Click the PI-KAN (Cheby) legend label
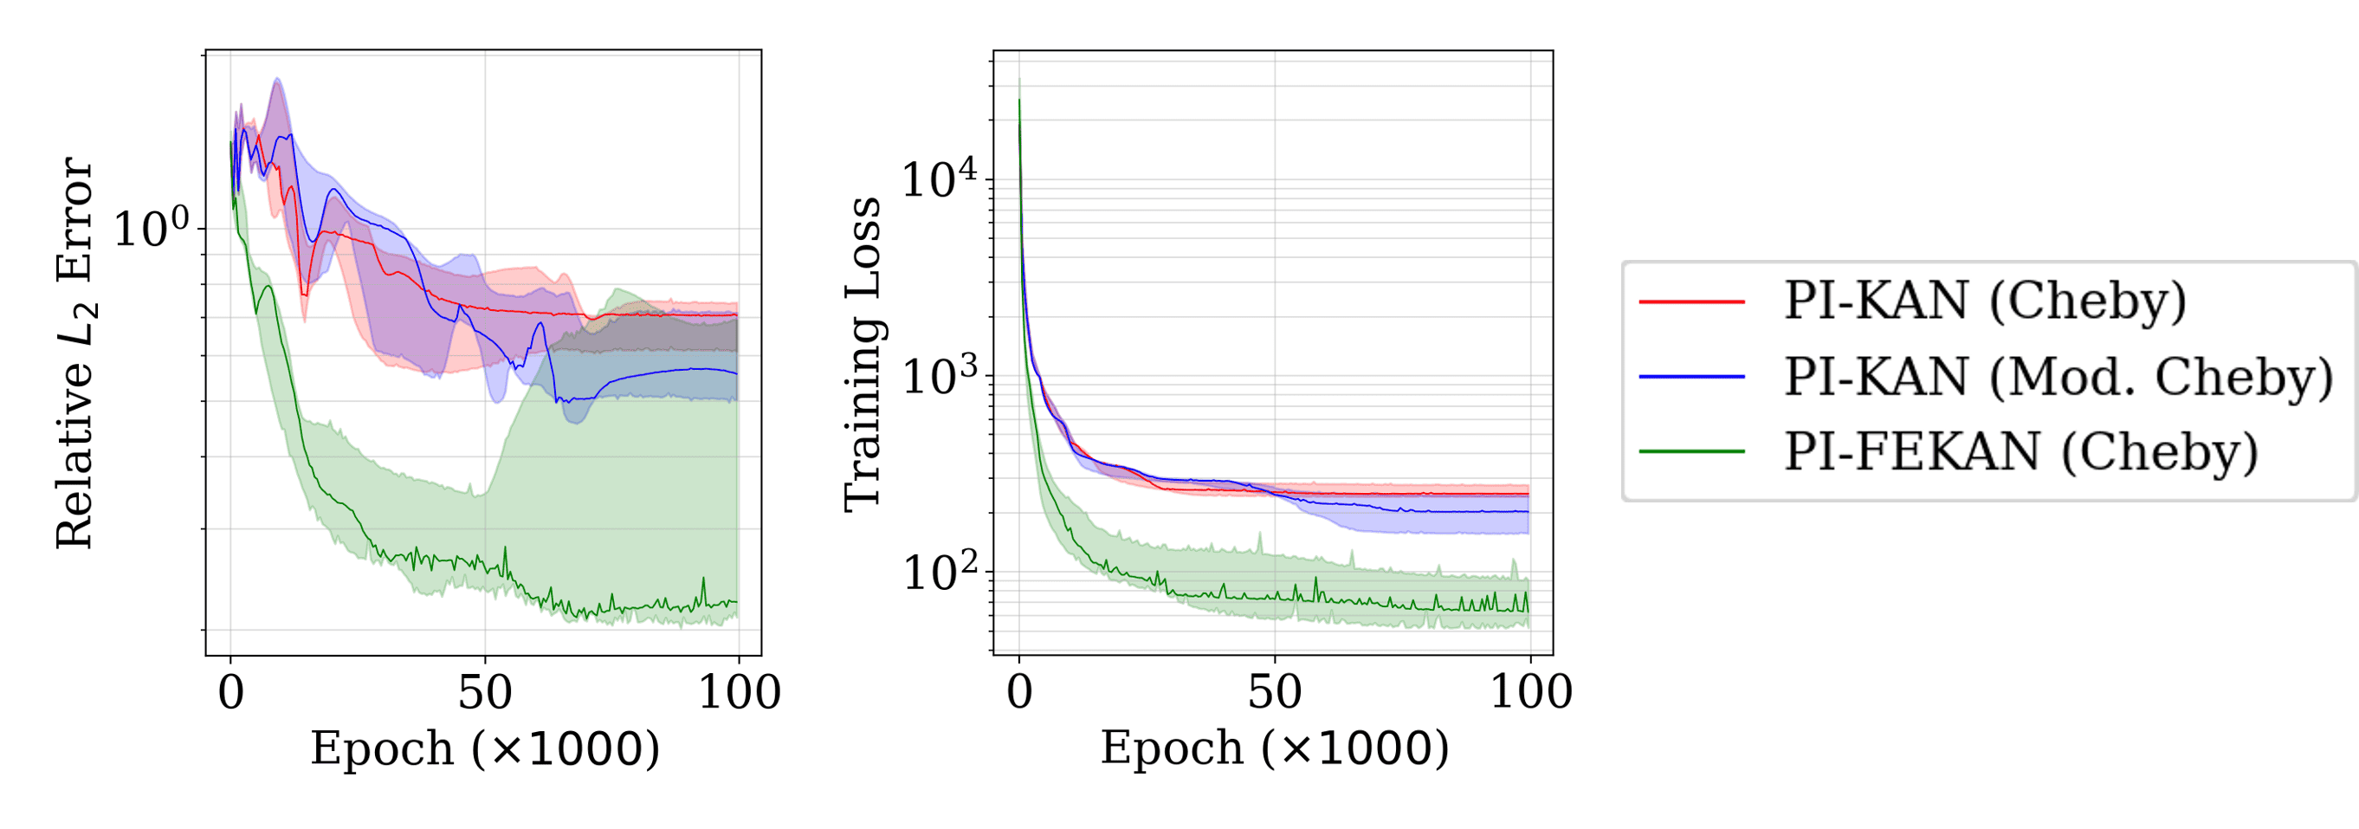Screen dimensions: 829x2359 [1985, 301]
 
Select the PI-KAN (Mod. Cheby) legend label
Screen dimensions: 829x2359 [2058, 377]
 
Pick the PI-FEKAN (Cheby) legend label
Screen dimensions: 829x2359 [2021, 451]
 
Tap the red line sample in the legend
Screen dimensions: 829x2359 [1691, 301]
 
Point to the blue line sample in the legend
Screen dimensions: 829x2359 [1691, 377]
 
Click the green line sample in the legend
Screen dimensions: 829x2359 [1691, 451]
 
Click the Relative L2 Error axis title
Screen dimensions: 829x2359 [75, 353]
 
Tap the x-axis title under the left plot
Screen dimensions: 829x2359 [484, 749]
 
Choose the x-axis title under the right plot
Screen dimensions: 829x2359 [1274, 749]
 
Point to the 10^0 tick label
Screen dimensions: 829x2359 [151, 228]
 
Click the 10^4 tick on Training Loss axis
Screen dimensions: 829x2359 [940, 178]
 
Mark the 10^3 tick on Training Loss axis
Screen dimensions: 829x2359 [940, 376]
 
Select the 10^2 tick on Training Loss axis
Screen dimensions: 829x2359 [940, 573]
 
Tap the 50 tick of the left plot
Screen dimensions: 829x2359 [484, 692]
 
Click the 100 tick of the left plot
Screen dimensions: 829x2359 [739, 692]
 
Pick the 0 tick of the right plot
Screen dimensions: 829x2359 [1019, 692]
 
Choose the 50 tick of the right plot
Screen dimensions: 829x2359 [1274, 692]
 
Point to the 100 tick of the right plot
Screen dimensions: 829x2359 [1530, 692]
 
